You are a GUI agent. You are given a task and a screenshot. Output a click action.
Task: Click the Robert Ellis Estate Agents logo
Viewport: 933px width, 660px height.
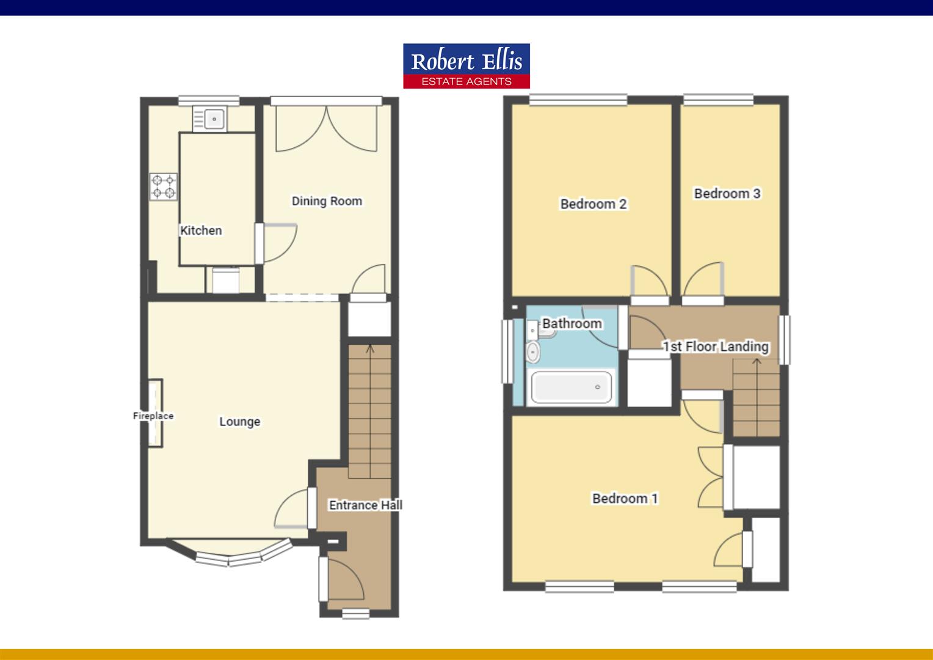click(x=466, y=66)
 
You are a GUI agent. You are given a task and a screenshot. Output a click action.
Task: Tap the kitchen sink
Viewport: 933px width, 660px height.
click(x=209, y=119)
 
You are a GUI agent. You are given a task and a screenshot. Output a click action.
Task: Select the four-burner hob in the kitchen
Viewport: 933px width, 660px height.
click(x=164, y=187)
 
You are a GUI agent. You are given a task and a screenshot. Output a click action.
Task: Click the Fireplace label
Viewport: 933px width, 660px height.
click(x=153, y=416)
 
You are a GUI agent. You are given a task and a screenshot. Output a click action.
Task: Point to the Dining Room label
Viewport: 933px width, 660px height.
click(x=327, y=201)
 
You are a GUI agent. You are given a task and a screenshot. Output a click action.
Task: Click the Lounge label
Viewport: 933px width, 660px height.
click(x=240, y=422)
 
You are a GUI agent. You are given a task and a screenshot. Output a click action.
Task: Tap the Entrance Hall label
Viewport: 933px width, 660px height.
click(x=365, y=505)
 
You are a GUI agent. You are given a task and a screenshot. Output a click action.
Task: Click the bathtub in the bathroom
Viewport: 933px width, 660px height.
click(x=572, y=387)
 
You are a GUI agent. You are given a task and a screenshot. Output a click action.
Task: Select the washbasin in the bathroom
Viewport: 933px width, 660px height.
click(x=533, y=351)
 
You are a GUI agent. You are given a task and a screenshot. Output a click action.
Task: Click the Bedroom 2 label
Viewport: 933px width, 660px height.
click(x=594, y=204)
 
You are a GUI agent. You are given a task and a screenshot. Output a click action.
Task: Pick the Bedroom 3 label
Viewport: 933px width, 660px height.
click(x=727, y=194)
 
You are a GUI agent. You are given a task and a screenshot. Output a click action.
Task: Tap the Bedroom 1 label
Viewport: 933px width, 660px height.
click(x=625, y=499)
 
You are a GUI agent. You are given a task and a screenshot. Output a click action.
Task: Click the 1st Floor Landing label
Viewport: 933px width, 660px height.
click(x=716, y=346)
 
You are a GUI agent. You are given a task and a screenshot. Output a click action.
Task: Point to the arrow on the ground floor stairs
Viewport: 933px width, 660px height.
click(x=370, y=350)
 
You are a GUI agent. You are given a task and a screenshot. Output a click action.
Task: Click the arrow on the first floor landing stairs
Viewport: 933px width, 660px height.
click(x=757, y=362)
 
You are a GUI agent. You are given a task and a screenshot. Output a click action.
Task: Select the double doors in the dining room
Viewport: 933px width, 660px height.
click(x=326, y=130)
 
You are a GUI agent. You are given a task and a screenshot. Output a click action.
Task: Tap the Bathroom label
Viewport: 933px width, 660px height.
click(x=572, y=323)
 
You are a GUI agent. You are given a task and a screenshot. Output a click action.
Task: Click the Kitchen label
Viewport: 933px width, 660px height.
click(x=201, y=230)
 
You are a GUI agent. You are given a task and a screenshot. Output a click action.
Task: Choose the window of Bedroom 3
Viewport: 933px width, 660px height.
click(x=718, y=99)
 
